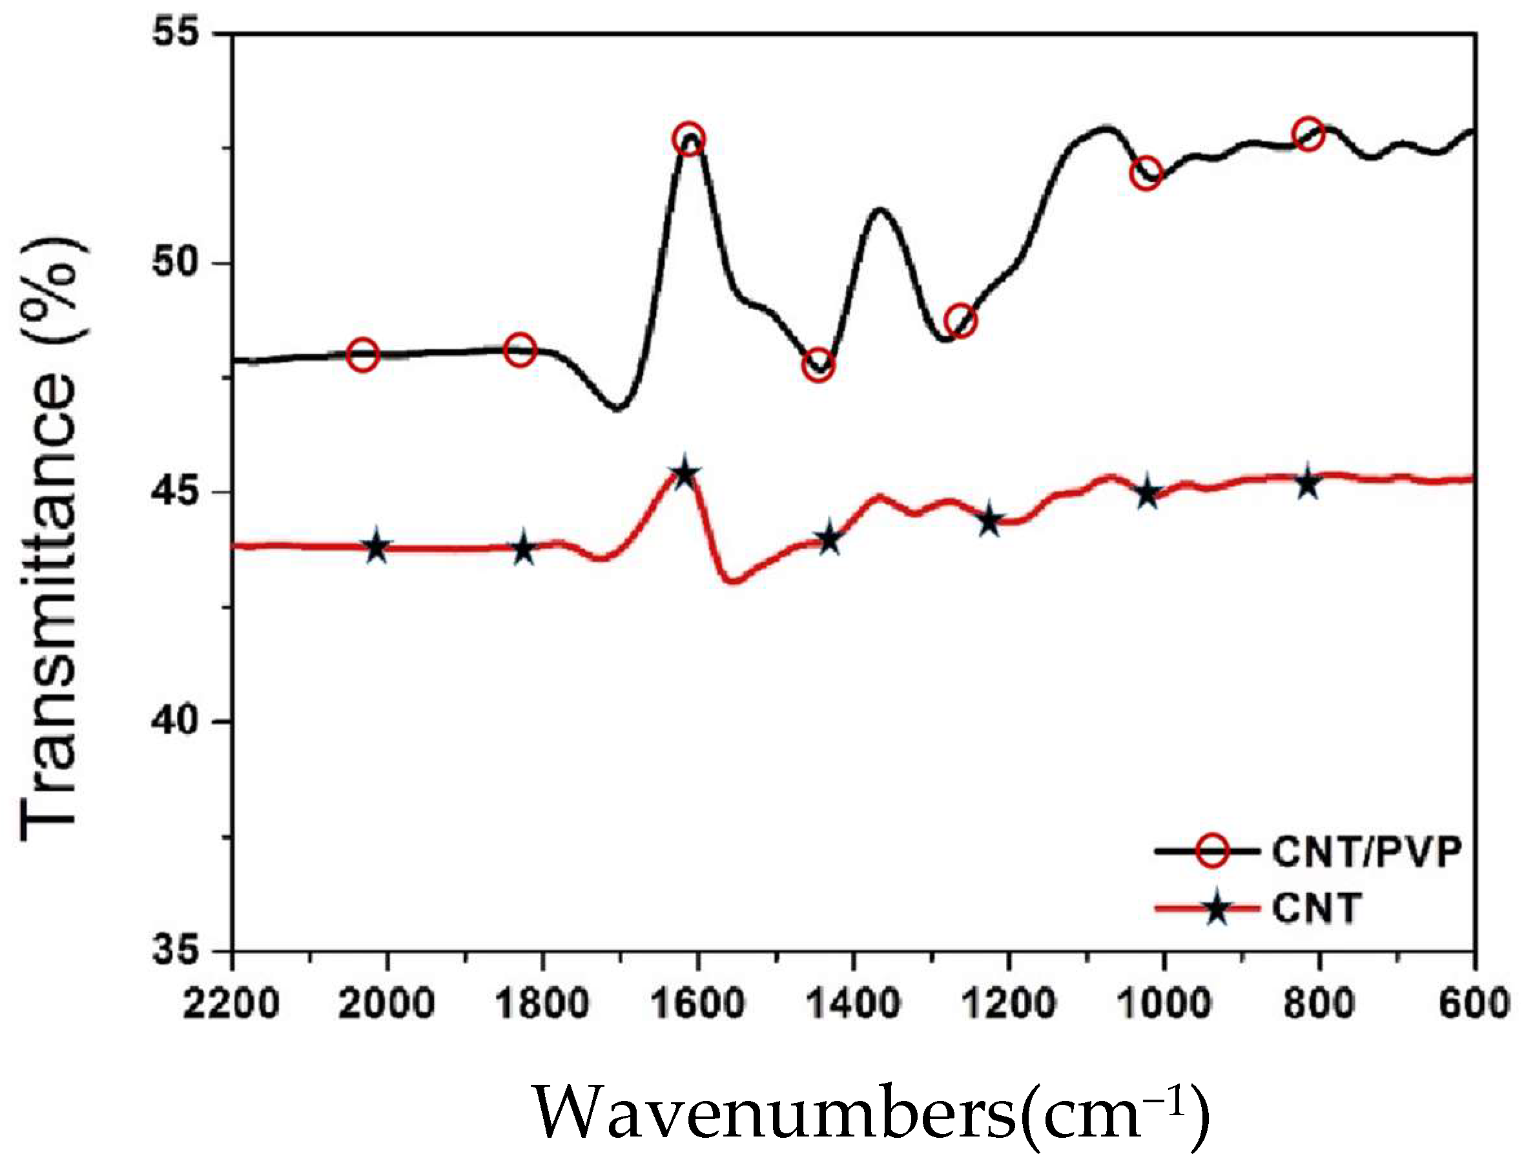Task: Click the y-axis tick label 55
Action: pyautogui.click(x=181, y=36)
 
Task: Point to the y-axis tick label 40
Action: pyautogui.click(x=181, y=721)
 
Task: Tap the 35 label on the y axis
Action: pyautogui.click(x=181, y=950)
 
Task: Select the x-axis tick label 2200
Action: pyautogui.click(x=232, y=1004)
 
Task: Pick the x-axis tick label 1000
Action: pyautogui.click(x=1164, y=1004)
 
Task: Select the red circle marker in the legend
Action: pyautogui.click(x=1213, y=850)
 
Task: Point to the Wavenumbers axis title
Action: pyautogui.click(x=872, y=1113)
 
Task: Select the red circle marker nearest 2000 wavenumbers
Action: pyautogui.click(x=363, y=355)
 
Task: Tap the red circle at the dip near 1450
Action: pyautogui.click(x=818, y=365)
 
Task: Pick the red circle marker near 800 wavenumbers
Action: pyautogui.click(x=1308, y=134)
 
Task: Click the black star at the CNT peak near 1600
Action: pyautogui.click(x=685, y=474)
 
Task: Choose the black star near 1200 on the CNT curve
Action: pyautogui.click(x=989, y=521)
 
